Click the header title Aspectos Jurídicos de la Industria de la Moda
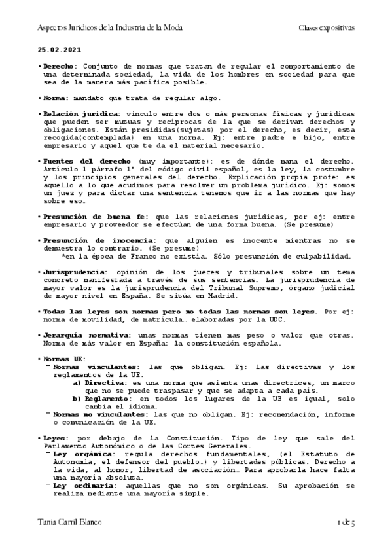click(x=109, y=28)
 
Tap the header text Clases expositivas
click(x=327, y=28)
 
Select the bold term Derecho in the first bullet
click(x=58, y=66)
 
